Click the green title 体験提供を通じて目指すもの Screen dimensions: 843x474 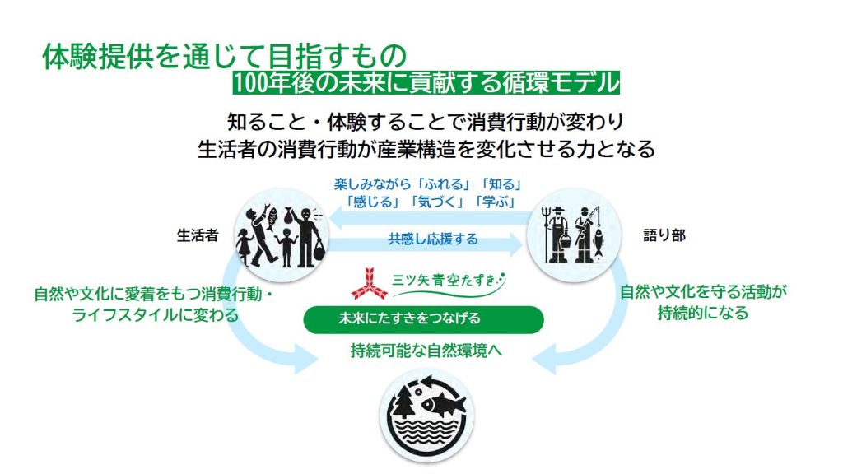tap(224, 56)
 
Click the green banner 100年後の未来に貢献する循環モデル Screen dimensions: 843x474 tap(426, 83)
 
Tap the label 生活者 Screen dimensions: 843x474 tap(198, 235)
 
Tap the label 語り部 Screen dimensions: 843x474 tap(664, 235)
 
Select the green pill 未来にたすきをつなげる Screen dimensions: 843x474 tap(424, 319)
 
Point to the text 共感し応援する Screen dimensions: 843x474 tap(433, 239)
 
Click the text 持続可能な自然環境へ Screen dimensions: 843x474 tap(426, 351)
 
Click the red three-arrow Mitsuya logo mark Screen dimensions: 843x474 tap(370, 283)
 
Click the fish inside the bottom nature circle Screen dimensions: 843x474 tap(443, 402)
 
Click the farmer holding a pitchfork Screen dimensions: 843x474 tap(556, 235)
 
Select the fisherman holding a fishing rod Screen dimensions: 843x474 tap(588, 235)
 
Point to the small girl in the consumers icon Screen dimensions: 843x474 tap(245, 246)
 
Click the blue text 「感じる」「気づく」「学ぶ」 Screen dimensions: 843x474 tap(430, 202)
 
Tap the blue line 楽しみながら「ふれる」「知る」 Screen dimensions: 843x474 tap(428, 184)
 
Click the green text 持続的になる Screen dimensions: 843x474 tap(703, 312)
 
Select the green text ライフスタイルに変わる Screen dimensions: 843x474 tap(156, 315)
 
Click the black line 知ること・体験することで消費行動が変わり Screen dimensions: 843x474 tap(425, 122)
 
